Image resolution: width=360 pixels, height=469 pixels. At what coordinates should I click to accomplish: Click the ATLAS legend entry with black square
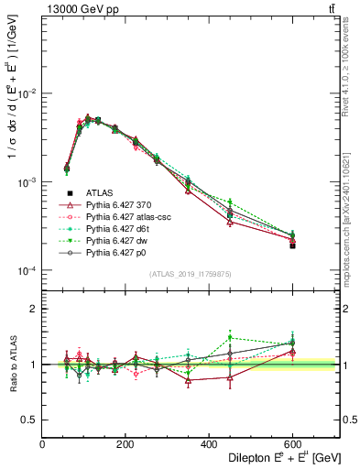99,193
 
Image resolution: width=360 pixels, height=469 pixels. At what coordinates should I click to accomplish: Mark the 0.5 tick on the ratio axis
28,420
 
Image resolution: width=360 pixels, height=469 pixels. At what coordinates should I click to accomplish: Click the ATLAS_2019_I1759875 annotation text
191,274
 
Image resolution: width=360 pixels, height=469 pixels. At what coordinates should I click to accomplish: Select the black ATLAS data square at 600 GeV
292,245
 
